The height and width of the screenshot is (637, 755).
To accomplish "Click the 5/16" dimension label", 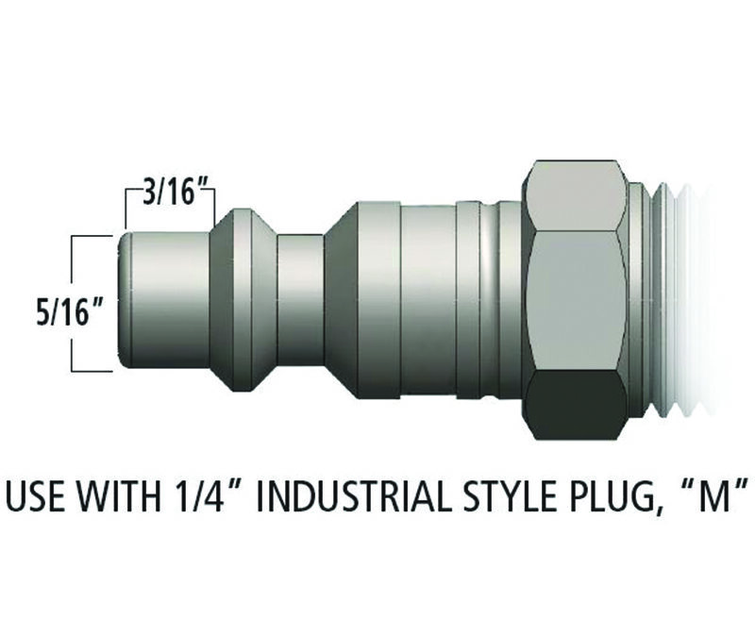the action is (x=70, y=314).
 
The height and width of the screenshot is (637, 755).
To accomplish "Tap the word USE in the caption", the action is (x=36, y=495).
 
